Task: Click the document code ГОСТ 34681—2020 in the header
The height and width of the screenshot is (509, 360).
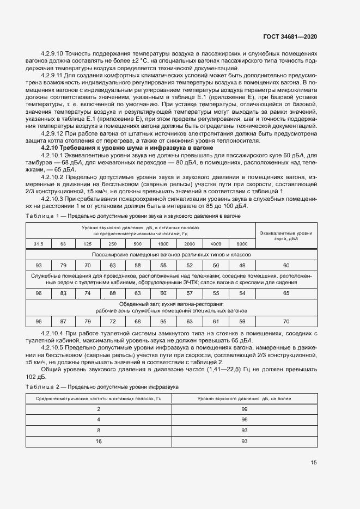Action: (x=290, y=36)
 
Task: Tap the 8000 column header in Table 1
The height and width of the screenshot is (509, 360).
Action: (x=242, y=244)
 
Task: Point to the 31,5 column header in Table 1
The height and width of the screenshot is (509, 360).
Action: (x=39, y=244)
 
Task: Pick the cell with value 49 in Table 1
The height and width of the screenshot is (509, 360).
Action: (x=242, y=265)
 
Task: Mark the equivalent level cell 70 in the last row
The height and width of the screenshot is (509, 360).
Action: (x=286, y=321)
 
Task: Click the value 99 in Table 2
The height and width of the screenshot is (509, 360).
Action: (x=244, y=408)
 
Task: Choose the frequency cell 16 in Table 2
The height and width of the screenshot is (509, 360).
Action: (x=99, y=440)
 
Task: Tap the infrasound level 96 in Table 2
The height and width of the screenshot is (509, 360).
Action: (x=244, y=419)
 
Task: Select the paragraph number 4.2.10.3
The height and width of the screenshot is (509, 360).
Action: (x=55, y=199)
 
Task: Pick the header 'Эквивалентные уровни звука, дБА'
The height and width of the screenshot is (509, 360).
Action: (x=286, y=236)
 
